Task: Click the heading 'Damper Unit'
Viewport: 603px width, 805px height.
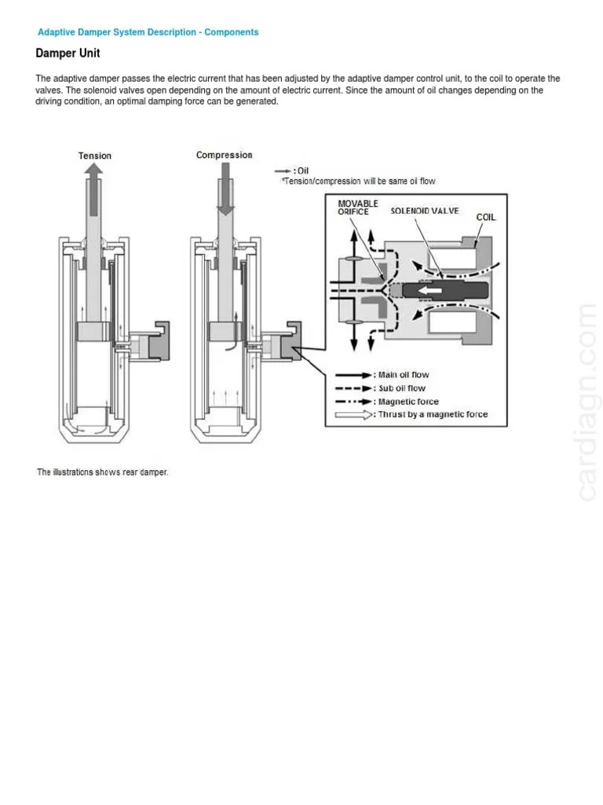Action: (68, 53)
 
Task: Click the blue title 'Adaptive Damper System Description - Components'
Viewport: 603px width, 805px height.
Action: (148, 32)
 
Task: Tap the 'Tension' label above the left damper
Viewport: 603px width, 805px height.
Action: (95, 156)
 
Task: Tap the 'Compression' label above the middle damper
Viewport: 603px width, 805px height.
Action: (224, 155)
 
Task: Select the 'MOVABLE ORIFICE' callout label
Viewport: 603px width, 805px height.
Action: (358, 208)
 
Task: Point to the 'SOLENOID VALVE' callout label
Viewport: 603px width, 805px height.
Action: (425, 211)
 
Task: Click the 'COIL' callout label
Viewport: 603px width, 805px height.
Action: (485, 217)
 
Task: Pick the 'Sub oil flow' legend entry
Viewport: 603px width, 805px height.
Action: (402, 388)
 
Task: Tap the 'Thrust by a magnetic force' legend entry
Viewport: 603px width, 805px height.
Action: (433, 414)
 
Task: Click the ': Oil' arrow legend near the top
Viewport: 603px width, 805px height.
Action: (291, 171)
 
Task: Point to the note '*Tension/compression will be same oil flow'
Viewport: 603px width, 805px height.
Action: (358, 182)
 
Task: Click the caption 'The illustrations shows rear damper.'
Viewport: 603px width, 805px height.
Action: (102, 472)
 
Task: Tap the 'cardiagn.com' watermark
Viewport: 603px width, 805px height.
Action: (587, 401)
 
